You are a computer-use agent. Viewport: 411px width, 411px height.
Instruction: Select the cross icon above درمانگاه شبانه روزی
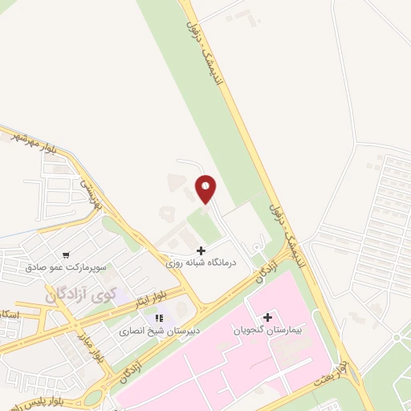pos(200,250)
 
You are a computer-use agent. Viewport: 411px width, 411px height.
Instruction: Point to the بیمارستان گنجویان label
pos(267,329)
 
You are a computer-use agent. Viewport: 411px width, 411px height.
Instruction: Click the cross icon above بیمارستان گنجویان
pos(267,317)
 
